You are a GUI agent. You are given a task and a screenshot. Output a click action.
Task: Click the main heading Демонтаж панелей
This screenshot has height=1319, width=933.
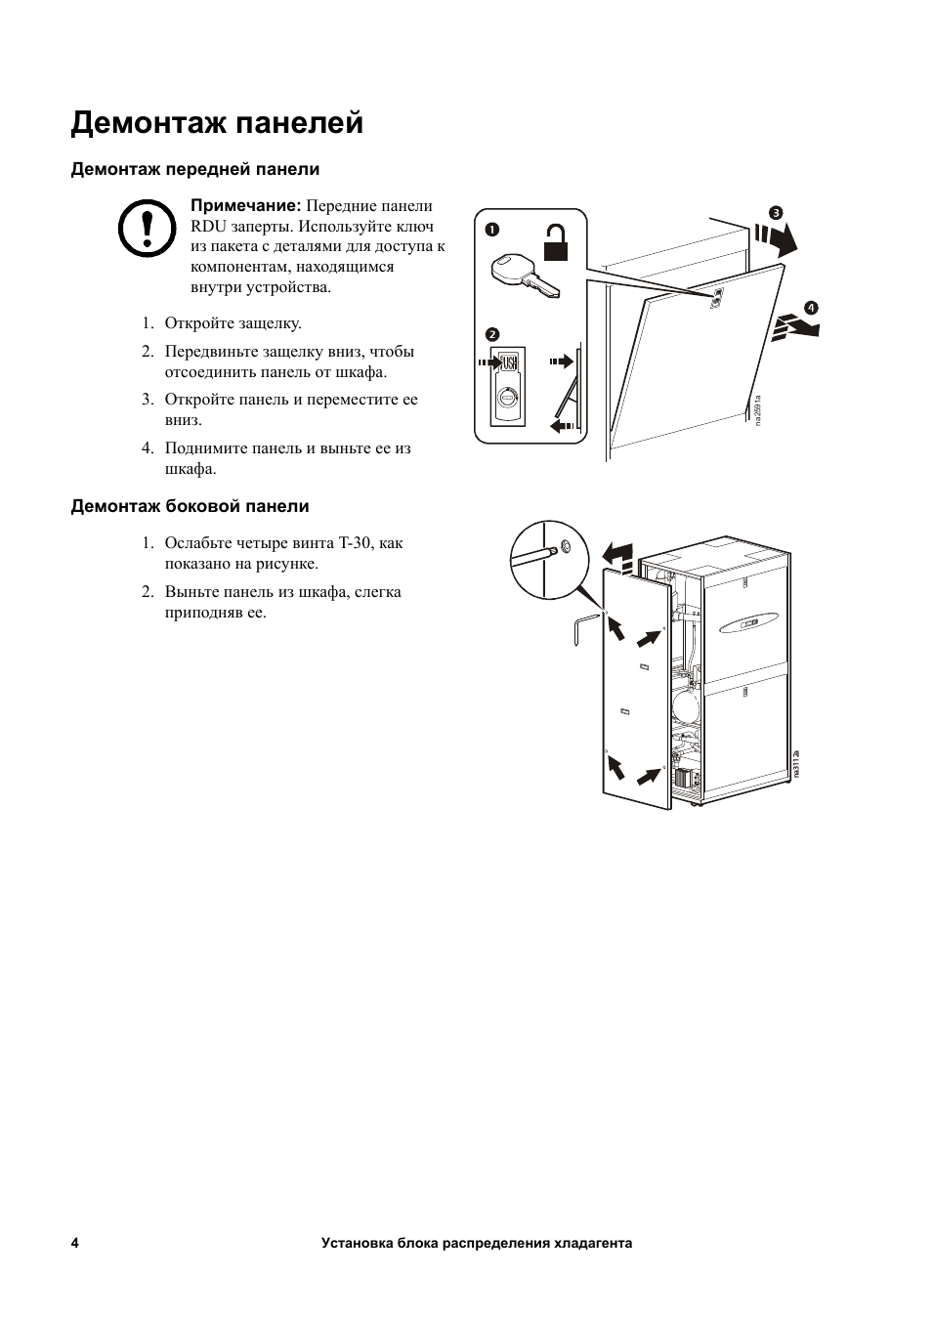coord(217,124)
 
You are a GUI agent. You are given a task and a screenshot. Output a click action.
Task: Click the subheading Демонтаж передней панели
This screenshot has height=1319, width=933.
coord(194,170)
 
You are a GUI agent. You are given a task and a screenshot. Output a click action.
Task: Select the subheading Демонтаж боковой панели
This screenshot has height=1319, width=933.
coord(190,506)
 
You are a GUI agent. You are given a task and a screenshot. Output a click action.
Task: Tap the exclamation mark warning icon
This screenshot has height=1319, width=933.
coord(147,228)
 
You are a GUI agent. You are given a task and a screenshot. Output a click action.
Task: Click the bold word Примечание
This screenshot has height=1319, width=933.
coord(245,206)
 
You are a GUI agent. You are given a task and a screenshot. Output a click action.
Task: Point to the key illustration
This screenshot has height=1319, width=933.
coord(525,276)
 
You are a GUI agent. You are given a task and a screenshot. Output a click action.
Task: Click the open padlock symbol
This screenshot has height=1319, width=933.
coord(555,242)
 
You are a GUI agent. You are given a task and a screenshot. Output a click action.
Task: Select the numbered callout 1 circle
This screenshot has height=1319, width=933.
coord(491,230)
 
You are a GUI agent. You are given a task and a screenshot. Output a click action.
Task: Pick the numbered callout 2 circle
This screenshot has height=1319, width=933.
coord(491,334)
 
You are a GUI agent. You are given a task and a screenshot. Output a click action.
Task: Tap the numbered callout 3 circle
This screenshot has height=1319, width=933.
coord(776,213)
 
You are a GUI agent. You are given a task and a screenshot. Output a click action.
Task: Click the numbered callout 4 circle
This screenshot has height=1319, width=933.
coord(811,308)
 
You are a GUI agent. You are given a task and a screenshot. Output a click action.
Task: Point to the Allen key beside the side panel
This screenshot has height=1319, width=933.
coord(582,630)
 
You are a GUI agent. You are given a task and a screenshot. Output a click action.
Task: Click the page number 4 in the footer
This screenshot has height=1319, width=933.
coord(75,1243)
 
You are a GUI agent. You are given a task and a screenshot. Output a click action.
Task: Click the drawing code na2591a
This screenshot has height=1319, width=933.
coord(757,409)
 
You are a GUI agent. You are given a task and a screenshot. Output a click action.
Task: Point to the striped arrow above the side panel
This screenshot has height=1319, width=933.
coord(618,557)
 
